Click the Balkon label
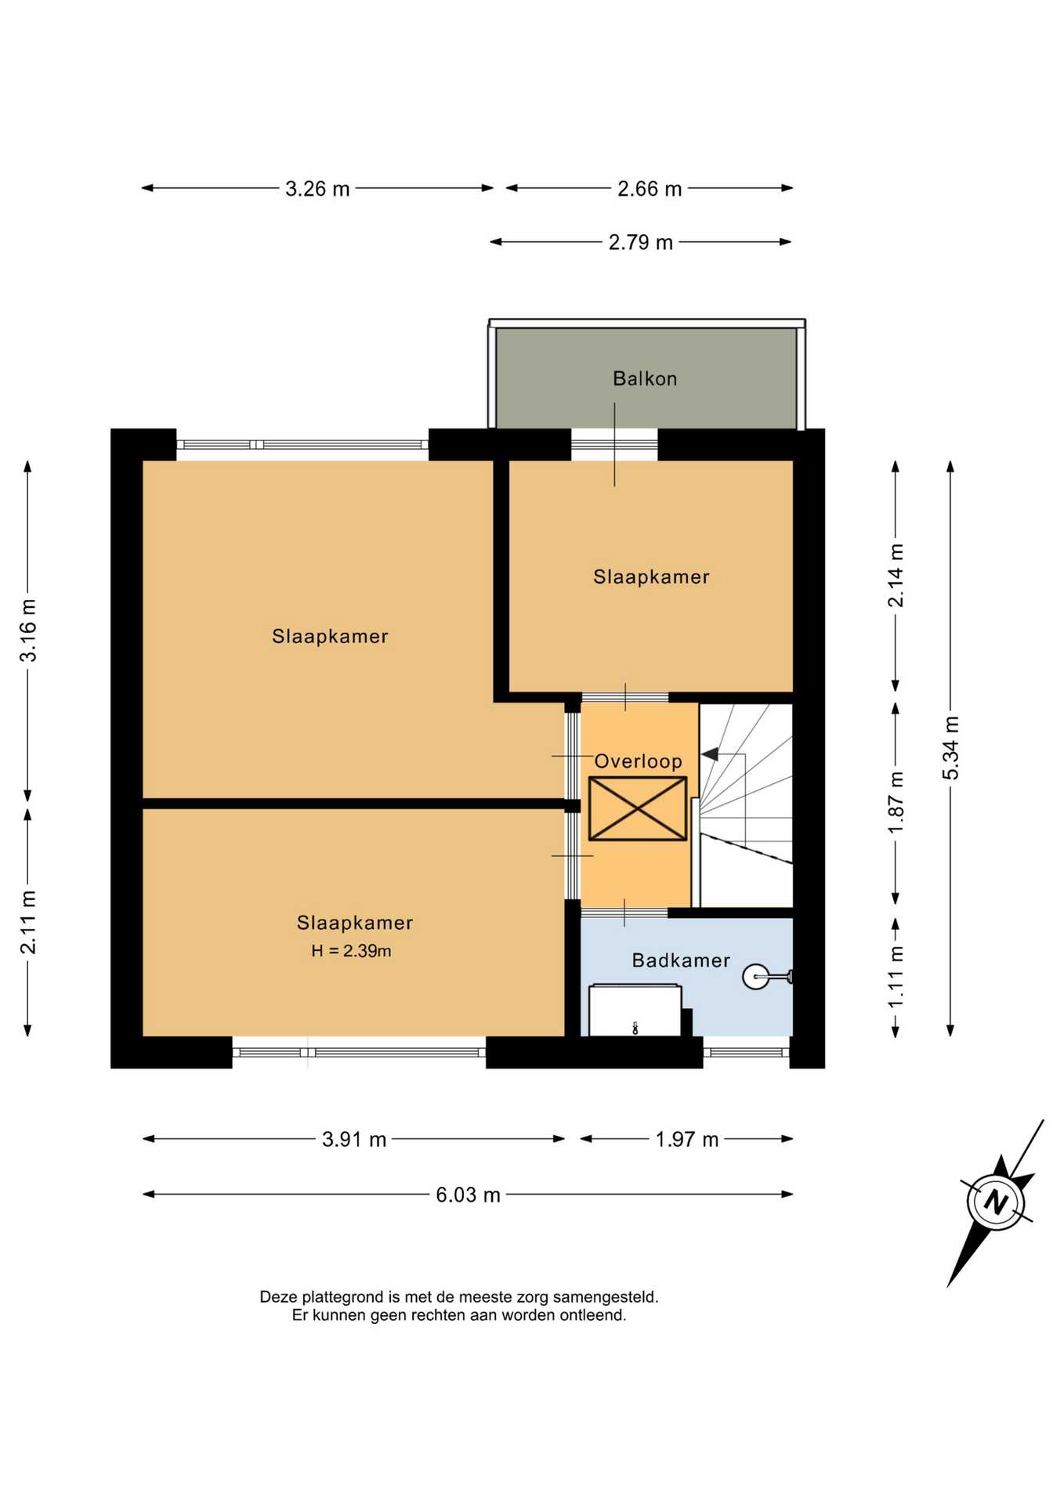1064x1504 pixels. [644, 379]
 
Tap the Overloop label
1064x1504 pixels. [638, 761]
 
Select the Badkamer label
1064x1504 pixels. [681, 960]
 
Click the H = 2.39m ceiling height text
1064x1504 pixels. [351, 951]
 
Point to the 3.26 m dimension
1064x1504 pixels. [317, 189]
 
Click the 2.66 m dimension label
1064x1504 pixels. [650, 189]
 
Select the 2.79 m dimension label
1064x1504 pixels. [641, 243]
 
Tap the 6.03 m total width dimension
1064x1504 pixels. [468, 1195]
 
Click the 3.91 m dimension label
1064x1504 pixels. [354, 1140]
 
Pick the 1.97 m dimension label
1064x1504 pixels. [687, 1140]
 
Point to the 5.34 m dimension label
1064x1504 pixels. [950, 748]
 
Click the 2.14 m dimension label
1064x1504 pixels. [896, 576]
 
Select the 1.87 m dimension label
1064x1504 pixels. [896, 803]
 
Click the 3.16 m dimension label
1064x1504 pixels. [28, 631]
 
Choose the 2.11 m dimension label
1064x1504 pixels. [28, 923]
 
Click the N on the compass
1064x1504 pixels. [996, 1202]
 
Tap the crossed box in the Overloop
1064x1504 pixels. [638, 809]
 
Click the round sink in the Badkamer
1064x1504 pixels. [755, 977]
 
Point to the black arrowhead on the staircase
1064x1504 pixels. [710, 754]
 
